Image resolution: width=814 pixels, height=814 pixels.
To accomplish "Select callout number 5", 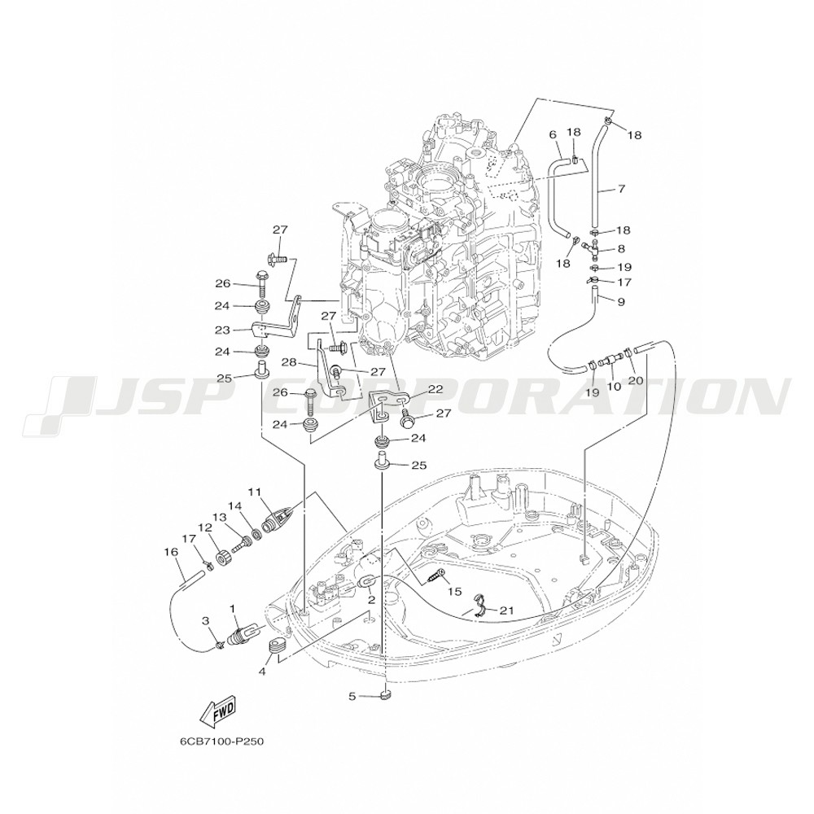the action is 352,696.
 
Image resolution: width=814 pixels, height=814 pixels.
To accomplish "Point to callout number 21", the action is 506,610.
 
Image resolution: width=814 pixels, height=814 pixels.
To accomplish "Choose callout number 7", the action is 621,189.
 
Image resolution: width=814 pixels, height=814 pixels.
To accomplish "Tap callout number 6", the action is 553,135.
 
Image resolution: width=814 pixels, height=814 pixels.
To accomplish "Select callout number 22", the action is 435,389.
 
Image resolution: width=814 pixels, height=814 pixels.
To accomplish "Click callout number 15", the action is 455,592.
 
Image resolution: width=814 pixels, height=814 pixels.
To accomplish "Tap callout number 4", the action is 262,672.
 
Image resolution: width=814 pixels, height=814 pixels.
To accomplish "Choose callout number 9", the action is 621,302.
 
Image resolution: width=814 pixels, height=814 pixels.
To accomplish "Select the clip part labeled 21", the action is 481,606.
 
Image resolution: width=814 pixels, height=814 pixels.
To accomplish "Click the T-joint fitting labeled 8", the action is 591,248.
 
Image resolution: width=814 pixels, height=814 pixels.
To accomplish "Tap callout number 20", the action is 636,380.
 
